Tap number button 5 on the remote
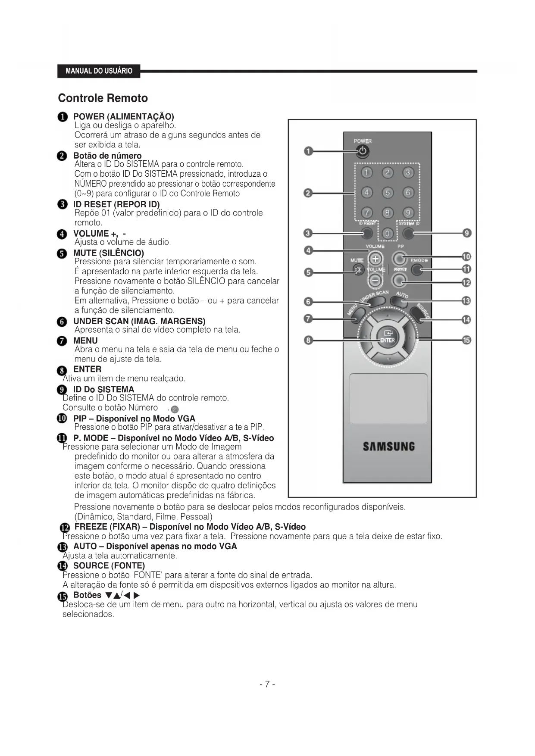point(387,192)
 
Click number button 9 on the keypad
point(408,212)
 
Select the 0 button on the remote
point(387,233)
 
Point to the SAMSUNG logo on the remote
point(388,446)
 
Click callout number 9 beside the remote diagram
point(466,233)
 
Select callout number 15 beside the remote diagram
point(466,340)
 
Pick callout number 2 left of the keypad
point(308,193)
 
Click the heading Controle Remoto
point(103,98)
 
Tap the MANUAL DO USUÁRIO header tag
point(99,71)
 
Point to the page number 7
point(267,684)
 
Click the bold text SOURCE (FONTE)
point(109,565)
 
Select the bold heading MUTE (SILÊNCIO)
point(109,253)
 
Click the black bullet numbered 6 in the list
point(63,322)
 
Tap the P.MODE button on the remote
point(416,270)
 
